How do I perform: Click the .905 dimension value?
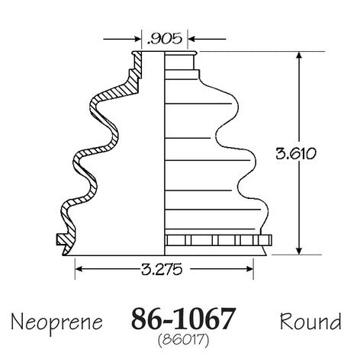point(165,39)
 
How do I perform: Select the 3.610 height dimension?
point(296,154)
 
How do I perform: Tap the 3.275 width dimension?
point(162,269)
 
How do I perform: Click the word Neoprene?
point(56,323)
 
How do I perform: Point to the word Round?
point(310,321)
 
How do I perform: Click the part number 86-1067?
point(182,319)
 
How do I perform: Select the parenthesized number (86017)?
point(183,340)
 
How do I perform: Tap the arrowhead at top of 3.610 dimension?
point(300,56)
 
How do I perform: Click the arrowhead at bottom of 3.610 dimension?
point(300,251)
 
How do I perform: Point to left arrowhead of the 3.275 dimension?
point(79,269)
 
